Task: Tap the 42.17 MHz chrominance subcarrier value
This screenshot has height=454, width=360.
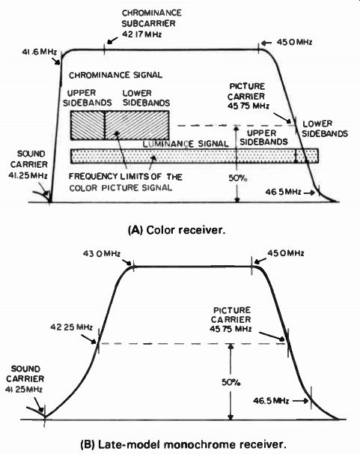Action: pyautogui.click(x=142, y=34)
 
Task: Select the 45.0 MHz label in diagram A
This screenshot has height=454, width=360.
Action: pyautogui.click(x=294, y=42)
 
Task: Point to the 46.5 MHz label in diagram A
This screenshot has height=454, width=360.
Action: pyautogui.click(x=283, y=192)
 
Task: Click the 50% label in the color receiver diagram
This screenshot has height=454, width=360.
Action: pyautogui.click(x=238, y=178)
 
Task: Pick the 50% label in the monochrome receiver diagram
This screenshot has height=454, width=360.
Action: pyautogui.click(x=231, y=382)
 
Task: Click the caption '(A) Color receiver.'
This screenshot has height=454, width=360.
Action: pyautogui.click(x=177, y=230)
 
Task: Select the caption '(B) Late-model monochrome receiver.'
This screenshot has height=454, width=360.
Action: pyautogui.click(x=183, y=444)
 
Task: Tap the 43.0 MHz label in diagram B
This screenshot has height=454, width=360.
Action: pyautogui.click(x=102, y=254)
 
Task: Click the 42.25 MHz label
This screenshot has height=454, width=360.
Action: pyautogui.click(x=71, y=327)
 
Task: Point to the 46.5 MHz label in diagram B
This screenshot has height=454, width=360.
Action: pyautogui.click(x=271, y=401)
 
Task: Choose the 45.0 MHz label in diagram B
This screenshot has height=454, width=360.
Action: pyautogui.click(x=286, y=253)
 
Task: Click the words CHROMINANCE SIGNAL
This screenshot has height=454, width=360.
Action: pyautogui.click(x=115, y=75)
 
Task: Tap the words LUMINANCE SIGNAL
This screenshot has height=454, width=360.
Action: pyautogui.click(x=186, y=144)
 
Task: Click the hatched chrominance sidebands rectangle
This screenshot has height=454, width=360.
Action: pyautogui.click(x=120, y=125)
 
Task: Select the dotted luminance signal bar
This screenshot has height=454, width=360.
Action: pyautogui.click(x=195, y=156)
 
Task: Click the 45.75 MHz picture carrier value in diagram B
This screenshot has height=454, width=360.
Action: pyautogui.click(x=231, y=329)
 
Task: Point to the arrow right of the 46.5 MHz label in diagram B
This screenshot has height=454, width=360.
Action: pyautogui.click(x=301, y=401)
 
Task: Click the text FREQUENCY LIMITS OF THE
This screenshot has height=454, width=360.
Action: pyautogui.click(x=126, y=176)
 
